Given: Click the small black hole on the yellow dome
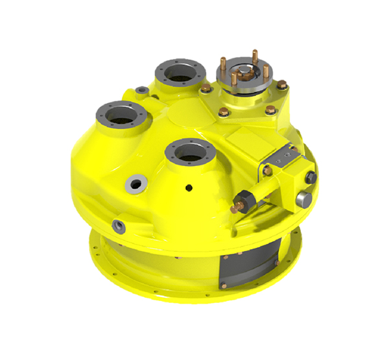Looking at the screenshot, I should (x=189, y=188).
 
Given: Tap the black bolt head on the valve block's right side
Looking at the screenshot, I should (x=310, y=176).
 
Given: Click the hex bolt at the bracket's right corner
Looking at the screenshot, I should (x=282, y=84).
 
